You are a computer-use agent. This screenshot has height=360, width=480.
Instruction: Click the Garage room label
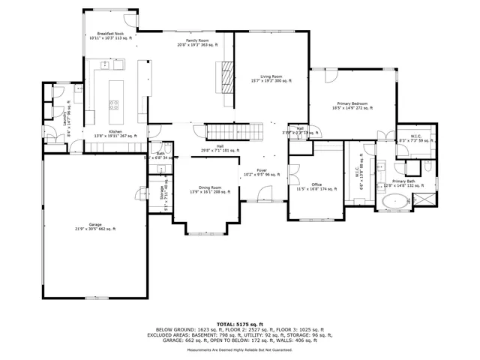[x=95, y=226]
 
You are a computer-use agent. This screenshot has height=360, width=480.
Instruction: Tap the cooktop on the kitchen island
[x=115, y=104]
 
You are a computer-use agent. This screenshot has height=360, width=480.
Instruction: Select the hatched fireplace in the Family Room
[x=225, y=76]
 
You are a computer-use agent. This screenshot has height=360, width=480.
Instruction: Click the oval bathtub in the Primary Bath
[x=395, y=201]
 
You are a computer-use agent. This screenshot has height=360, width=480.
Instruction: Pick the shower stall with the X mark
[x=424, y=200]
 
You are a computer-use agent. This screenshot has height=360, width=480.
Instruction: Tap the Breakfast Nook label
[x=109, y=35]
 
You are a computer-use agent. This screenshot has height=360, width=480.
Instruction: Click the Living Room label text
[x=271, y=77]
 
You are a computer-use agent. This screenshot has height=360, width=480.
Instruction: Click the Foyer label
[x=260, y=172]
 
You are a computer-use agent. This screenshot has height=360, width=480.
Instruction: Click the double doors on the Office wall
[x=294, y=170]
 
